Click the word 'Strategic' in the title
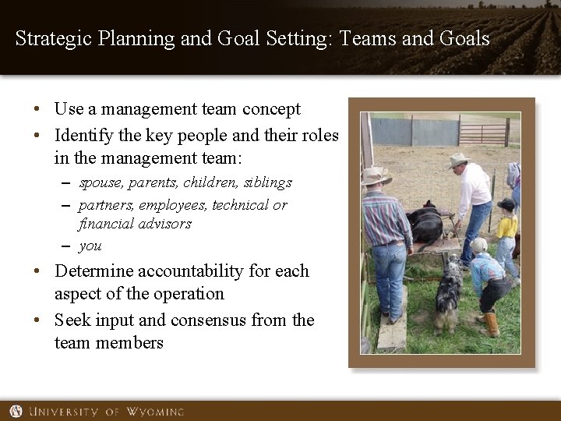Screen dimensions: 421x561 (54, 38)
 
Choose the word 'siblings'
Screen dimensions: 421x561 (266, 182)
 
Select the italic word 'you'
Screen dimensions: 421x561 (90, 246)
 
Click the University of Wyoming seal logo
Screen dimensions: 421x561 (16, 411)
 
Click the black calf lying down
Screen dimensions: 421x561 (427, 225)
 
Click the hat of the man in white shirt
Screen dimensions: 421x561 (458, 160)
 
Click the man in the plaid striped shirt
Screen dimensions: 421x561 (387, 234)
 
